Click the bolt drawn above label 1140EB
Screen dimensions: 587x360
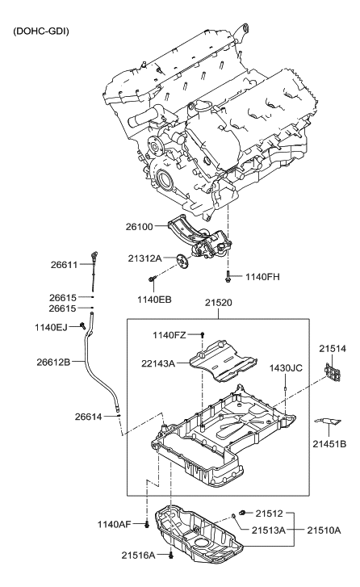152,279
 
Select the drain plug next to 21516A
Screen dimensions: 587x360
172,556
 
